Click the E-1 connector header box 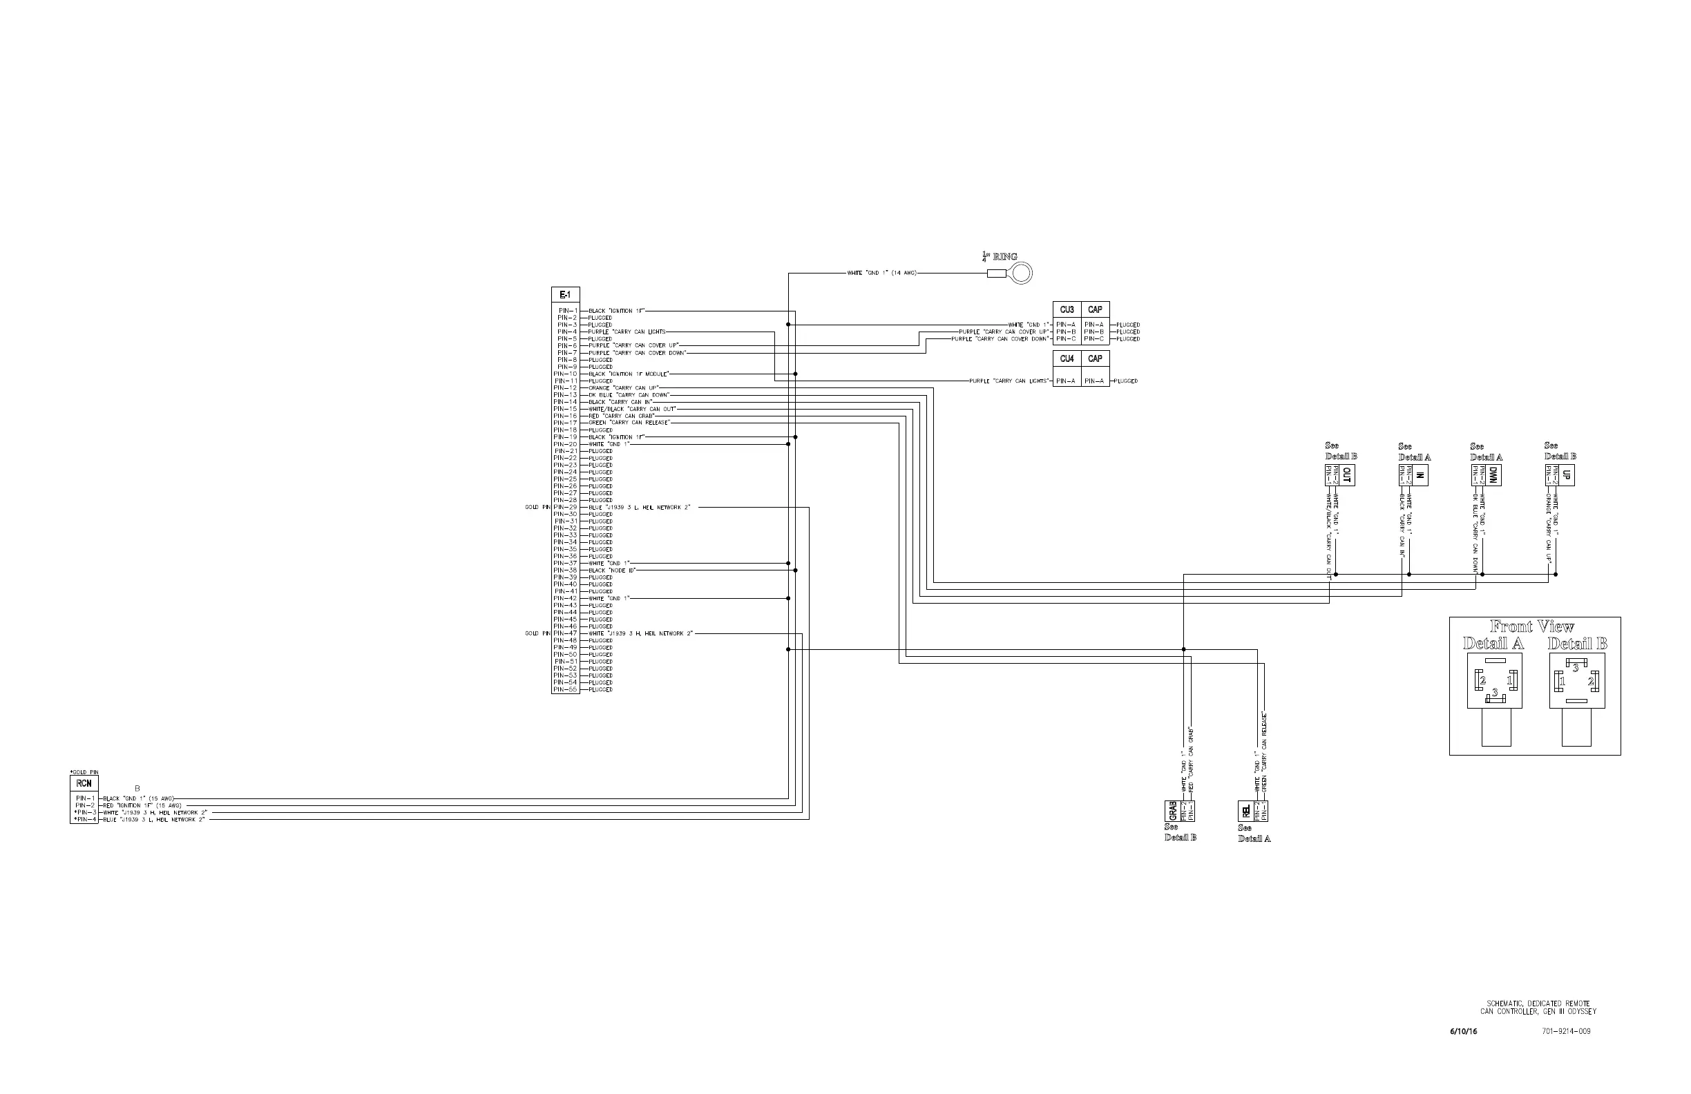[565, 295]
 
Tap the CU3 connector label [1067, 309]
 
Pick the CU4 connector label [1067, 358]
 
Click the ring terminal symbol [1021, 273]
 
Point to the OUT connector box [1347, 475]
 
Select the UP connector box [1567, 475]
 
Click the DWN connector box [1493, 475]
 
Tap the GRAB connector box [1172, 811]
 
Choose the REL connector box [1245, 811]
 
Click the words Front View [1533, 626]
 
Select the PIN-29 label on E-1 [566, 507]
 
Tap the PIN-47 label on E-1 [566, 633]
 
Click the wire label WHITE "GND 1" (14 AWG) [881, 273]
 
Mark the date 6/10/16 [1464, 1031]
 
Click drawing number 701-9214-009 [1565, 1031]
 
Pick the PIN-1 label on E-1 [568, 310]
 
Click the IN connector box [1420, 475]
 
